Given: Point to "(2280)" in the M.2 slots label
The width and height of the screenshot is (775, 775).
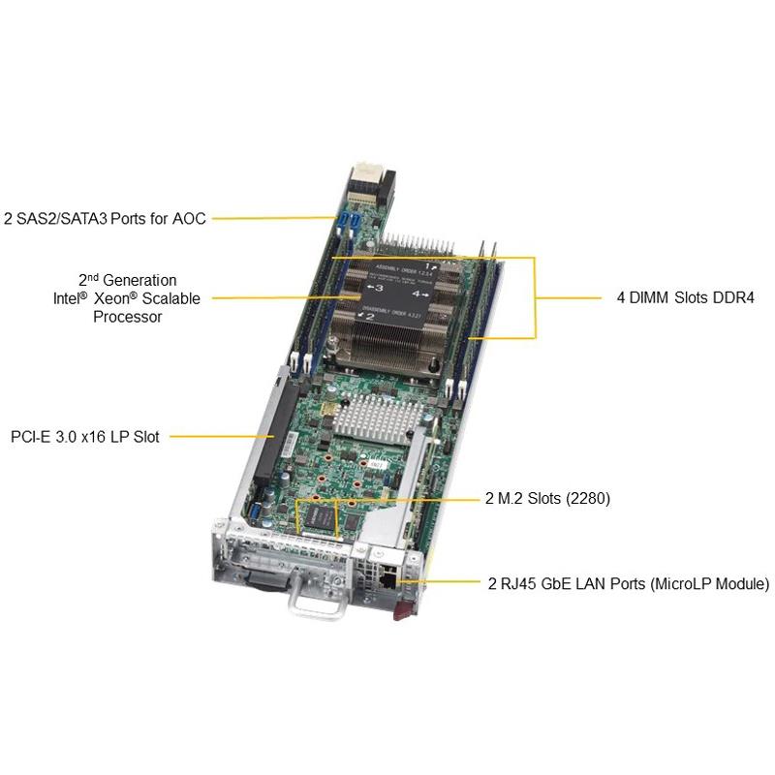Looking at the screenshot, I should pyautogui.click(x=587, y=500).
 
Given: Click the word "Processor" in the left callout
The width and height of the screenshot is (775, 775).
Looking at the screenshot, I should pyautogui.click(x=127, y=317).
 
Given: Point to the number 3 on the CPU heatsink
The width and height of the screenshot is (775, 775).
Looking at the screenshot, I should pyautogui.click(x=379, y=288).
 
